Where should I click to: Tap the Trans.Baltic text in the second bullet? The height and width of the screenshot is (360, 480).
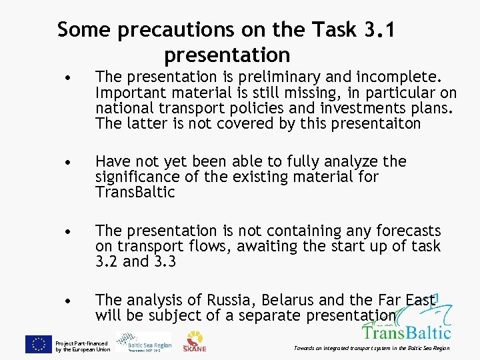(135, 193)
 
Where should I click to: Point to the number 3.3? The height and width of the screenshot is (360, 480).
(164, 261)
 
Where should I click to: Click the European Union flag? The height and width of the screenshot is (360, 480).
(39, 344)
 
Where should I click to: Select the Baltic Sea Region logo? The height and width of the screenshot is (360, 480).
(143, 342)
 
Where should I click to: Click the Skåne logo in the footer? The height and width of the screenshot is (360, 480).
(195, 341)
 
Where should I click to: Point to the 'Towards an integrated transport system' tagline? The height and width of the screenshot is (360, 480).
(371, 348)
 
